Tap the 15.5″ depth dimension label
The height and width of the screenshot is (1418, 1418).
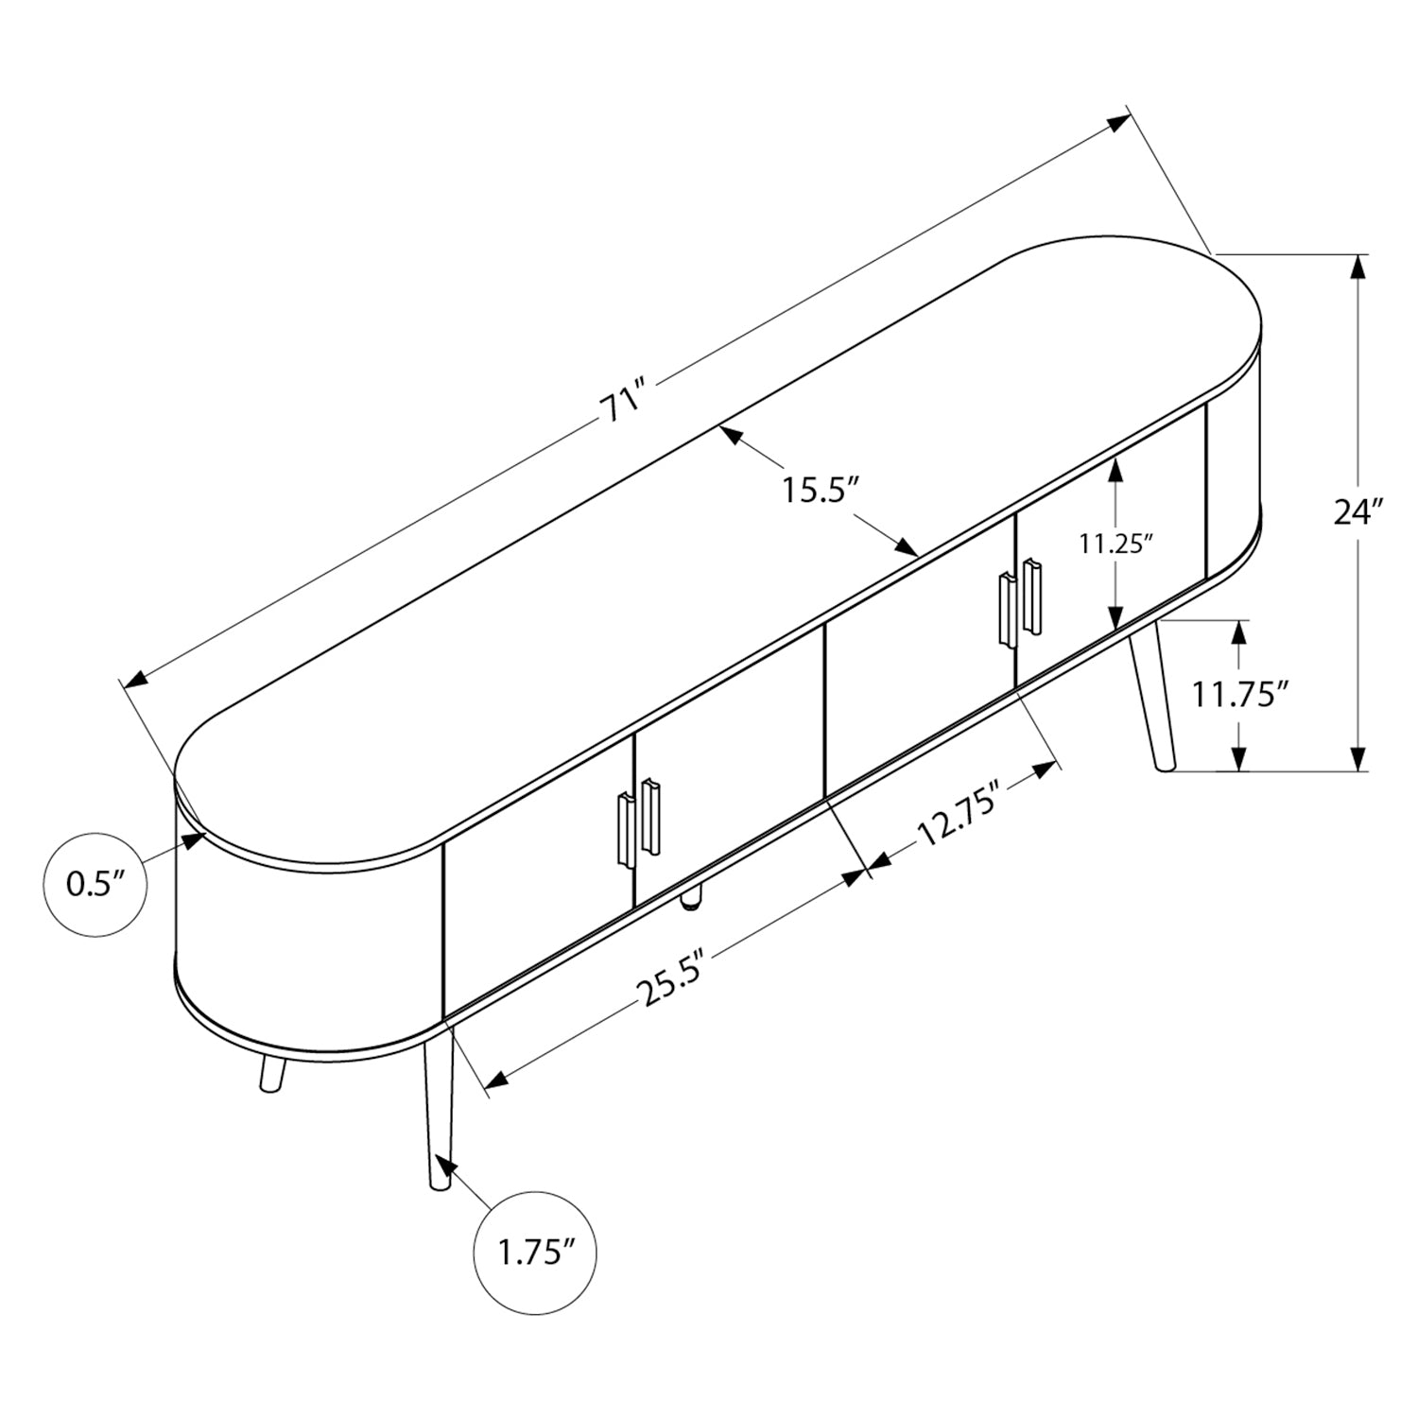(x=819, y=492)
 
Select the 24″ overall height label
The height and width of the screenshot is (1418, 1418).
(x=1358, y=512)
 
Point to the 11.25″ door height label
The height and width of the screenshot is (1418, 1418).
(x=1117, y=544)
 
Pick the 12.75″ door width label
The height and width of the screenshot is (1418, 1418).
(x=959, y=819)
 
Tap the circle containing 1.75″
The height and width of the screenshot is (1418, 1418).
(x=536, y=1254)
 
